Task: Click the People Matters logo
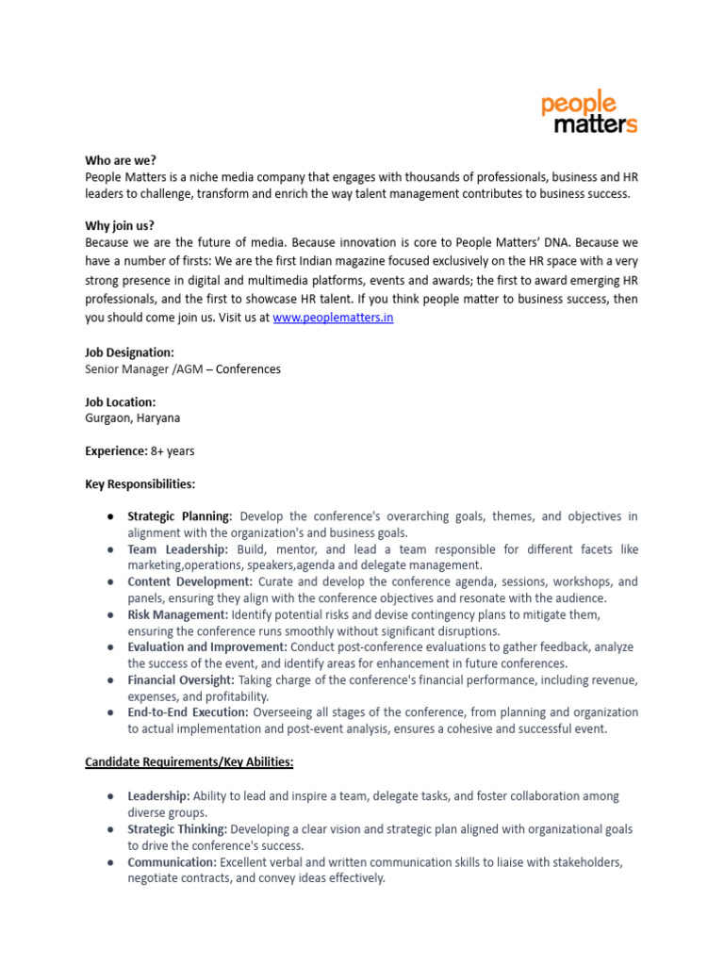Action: tap(589, 113)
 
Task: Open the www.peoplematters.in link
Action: tap(333, 318)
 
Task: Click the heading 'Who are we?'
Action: tap(121, 160)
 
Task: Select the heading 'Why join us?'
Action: tap(120, 225)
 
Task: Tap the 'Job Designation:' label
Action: tap(129, 352)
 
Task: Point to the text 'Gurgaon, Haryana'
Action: tap(131, 418)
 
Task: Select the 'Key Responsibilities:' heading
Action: tap(140, 484)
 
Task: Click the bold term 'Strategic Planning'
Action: tap(178, 516)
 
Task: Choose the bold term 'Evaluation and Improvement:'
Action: tap(207, 647)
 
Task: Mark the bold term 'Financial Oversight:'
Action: tap(181, 679)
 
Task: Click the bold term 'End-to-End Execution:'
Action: tap(188, 712)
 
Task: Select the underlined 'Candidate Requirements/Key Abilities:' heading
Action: tap(189, 761)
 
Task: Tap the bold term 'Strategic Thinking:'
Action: tap(177, 829)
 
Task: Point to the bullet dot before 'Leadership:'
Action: tap(110, 796)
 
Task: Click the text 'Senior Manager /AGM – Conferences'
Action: tap(183, 369)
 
